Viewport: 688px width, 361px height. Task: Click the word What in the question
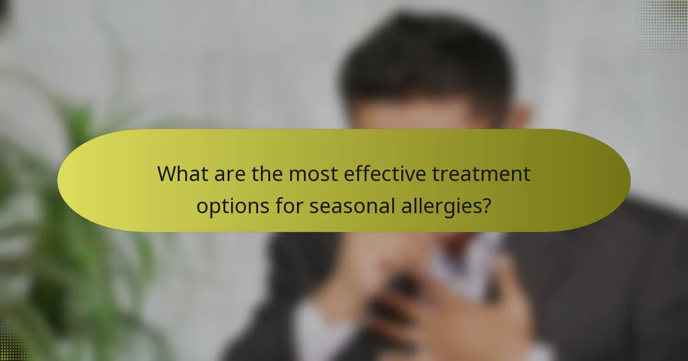tap(182, 174)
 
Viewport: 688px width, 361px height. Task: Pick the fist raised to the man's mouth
tap(373, 258)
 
